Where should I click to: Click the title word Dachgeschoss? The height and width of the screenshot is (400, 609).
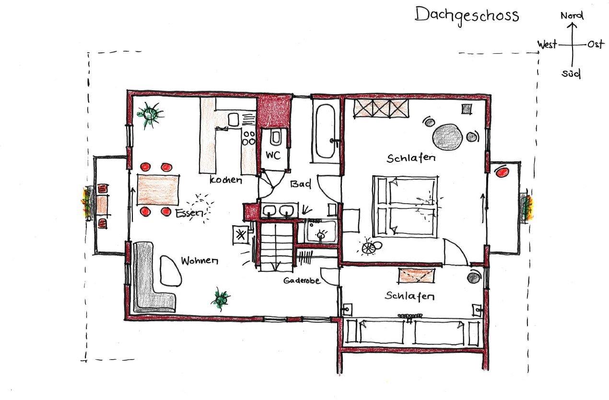click(467, 15)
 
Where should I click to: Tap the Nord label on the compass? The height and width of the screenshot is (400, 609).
click(572, 15)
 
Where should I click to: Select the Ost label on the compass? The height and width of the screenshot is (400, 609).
click(596, 44)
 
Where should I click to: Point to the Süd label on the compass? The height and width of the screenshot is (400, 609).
click(571, 73)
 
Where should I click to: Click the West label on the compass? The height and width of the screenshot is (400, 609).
click(547, 44)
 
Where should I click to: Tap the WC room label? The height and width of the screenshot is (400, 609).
click(273, 155)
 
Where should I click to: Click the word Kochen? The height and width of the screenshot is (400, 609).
click(226, 180)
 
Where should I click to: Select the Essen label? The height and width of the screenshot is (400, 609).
click(189, 213)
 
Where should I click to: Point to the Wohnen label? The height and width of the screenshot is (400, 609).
click(199, 261)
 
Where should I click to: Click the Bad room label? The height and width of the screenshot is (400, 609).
click(301, 184)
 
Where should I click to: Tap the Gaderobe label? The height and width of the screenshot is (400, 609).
click(302, 280)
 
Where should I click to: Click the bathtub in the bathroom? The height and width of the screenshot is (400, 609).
click(326, 132)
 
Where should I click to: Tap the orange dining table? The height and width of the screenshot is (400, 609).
click(158, 190)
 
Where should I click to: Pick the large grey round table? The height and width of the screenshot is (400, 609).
click(447, 137)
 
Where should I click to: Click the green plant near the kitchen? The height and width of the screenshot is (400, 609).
click(151, 114)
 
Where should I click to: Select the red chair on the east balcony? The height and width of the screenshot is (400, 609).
click(502, 172)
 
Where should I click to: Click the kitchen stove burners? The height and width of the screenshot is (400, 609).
click(249, 138)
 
